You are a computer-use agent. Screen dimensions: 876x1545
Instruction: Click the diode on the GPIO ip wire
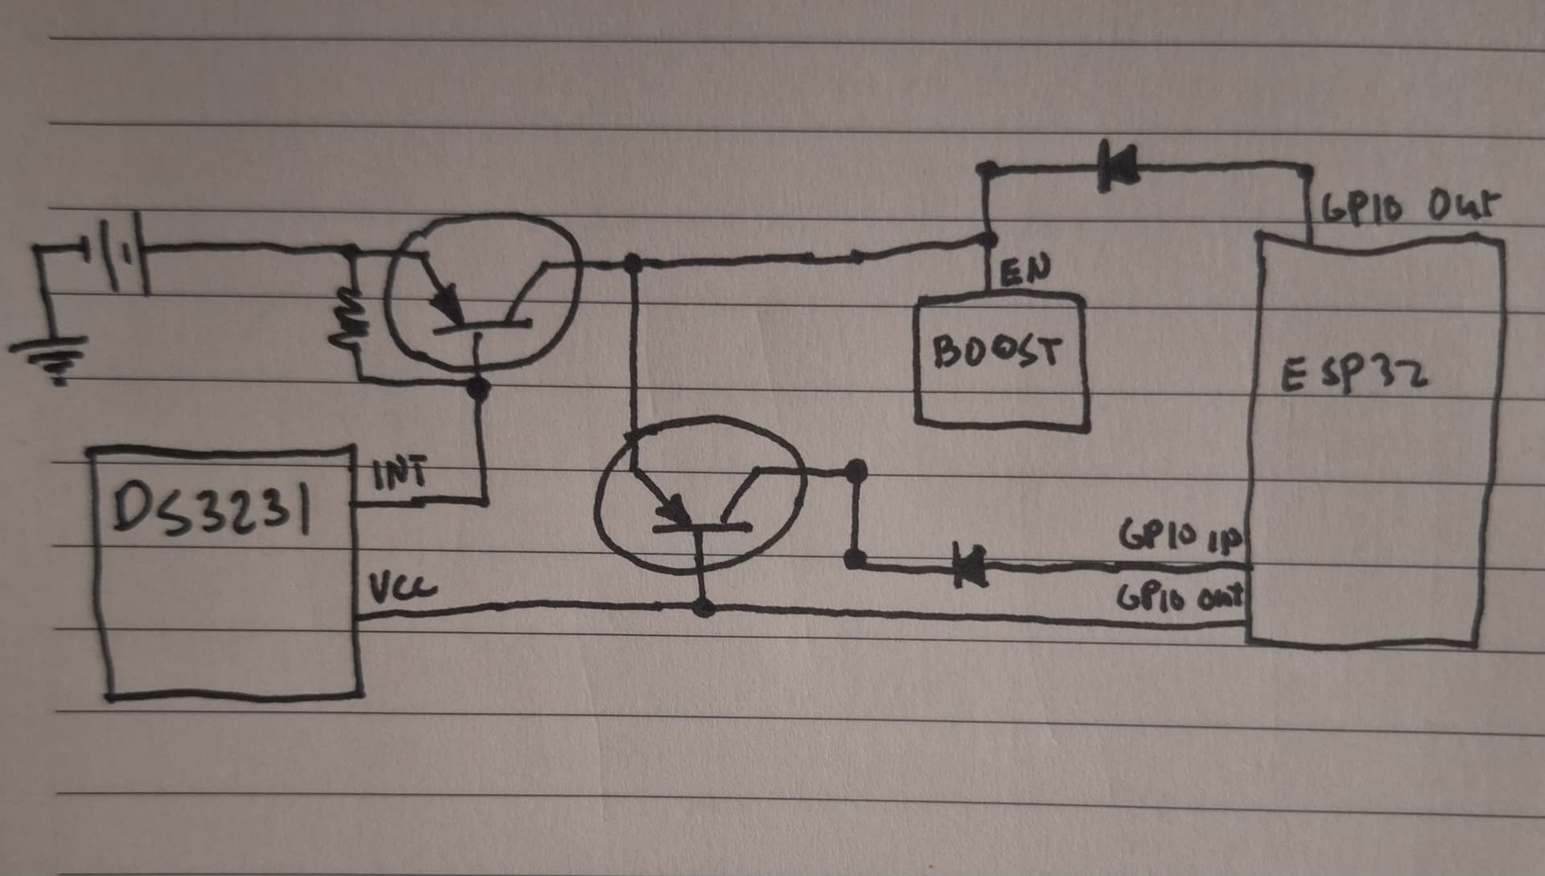969,562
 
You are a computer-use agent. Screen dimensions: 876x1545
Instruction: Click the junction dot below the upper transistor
479,389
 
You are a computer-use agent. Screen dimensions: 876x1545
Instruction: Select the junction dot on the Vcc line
704,607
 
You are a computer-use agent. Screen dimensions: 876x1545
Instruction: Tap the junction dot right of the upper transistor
633,262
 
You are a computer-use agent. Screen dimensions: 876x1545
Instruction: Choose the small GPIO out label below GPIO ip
1180,598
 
